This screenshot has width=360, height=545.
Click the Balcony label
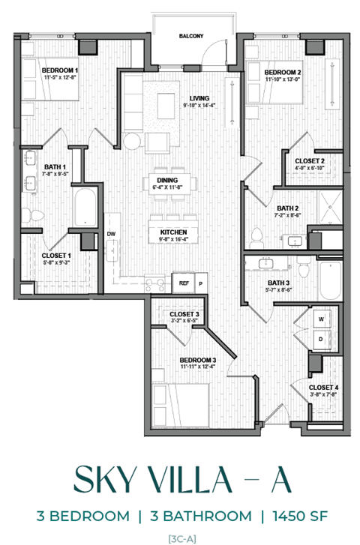190,36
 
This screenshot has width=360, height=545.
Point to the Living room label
199,98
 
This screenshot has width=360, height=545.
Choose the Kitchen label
173,232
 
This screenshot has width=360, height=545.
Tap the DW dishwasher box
111,235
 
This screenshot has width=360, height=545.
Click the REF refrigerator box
184,283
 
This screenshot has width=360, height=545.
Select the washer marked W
321,318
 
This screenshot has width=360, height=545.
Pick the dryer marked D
321,339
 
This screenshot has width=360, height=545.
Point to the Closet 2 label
309,161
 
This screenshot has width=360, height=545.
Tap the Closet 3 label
184,314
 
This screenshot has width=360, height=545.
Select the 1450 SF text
295,516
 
